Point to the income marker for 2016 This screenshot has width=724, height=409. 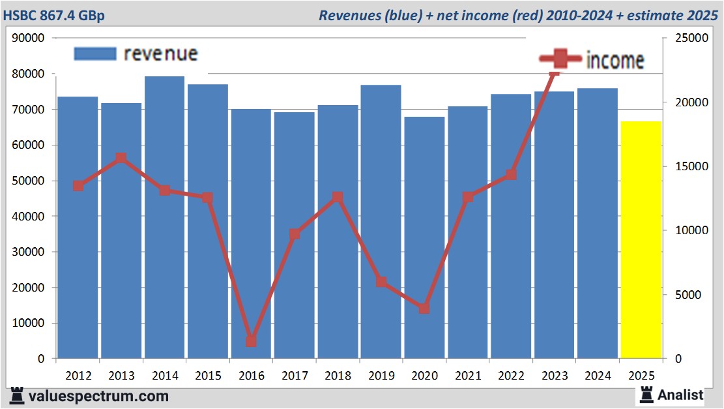pyautogui.click(x=252, y=341)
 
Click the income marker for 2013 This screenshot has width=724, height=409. pyautogui.click(x=121, y=158)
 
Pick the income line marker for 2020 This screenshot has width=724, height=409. pyautogui.click(x=424, y=308)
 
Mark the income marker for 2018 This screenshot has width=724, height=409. pyautogui.click(x=338, y=197)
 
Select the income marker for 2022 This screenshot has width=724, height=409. pyautogui.click(x=511, y=174)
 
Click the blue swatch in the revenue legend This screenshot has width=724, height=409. pyautogui.click(x=94, y=53)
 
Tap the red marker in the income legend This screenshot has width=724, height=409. pyautogui.click(x=560, y=59)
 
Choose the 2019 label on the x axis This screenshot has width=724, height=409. pyautogui.click(x=381, y=376)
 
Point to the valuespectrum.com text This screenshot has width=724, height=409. pyautogui.click(x=98, y=396)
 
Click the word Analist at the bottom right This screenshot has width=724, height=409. pyautogui.click(x=680, y=395)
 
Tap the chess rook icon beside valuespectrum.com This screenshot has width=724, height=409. pyautogui.click(x=17, y=395)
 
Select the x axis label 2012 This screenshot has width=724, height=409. pyautogui.click(x=78, y=376)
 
